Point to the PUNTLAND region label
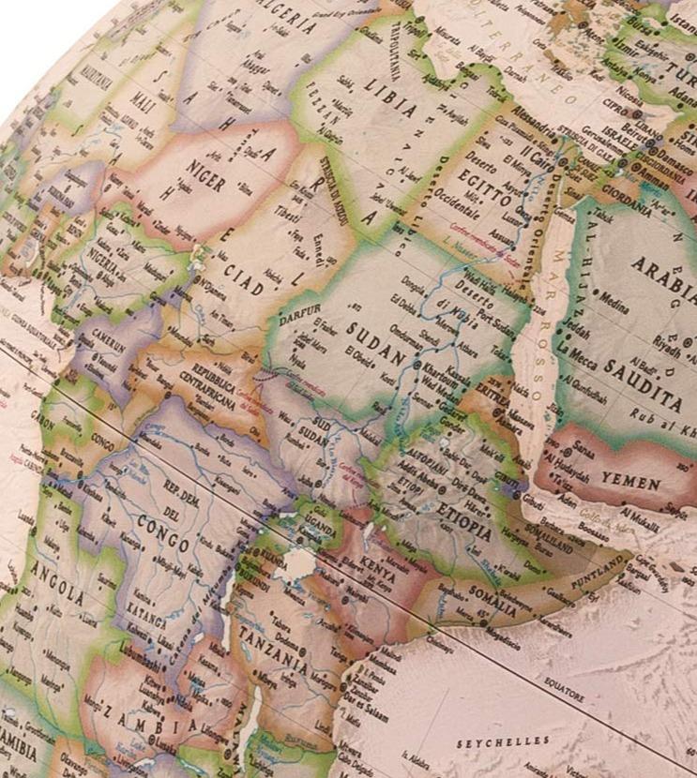(599, 567)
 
